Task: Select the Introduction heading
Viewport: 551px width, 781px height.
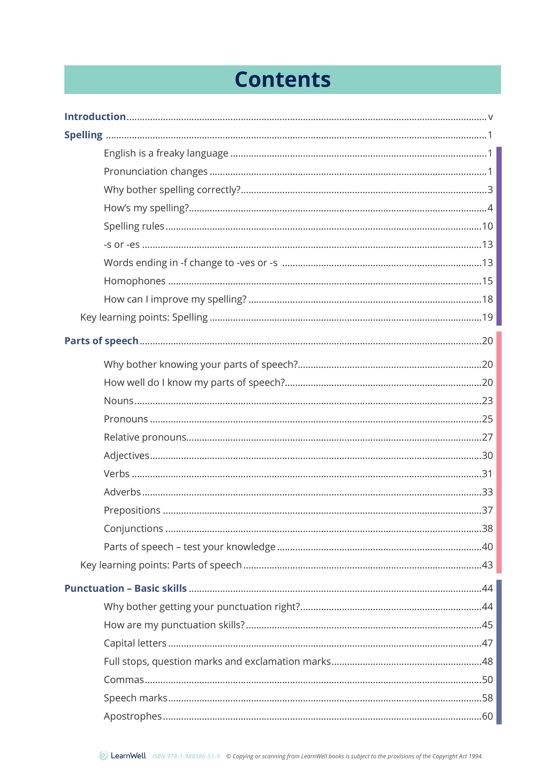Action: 95,117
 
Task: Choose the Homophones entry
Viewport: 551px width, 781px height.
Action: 134,281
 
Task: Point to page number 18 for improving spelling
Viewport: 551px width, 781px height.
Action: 487,299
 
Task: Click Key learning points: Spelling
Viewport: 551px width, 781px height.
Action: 144,317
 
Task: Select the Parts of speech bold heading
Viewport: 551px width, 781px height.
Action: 101,341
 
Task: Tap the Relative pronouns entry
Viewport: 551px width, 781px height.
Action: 145,437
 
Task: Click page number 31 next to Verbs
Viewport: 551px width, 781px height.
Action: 487,474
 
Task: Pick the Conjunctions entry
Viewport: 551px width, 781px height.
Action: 133,528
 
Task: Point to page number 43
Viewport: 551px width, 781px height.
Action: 487,565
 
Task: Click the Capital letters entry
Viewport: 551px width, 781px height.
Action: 135,643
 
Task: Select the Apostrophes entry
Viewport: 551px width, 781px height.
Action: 133,716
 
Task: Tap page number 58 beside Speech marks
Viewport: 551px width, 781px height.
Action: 487,698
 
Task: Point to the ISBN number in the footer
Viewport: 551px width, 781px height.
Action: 186,756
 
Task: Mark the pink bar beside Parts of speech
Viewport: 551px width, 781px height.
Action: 499,452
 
